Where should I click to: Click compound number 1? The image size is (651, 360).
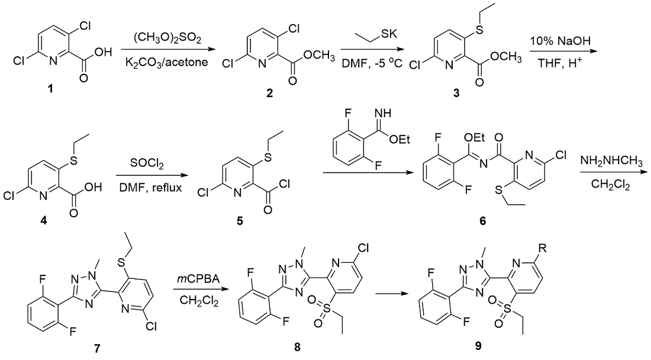51,89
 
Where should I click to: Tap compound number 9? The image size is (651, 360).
478,346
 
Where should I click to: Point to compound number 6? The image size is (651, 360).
482,220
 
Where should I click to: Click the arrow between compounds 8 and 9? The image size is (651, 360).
390,294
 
